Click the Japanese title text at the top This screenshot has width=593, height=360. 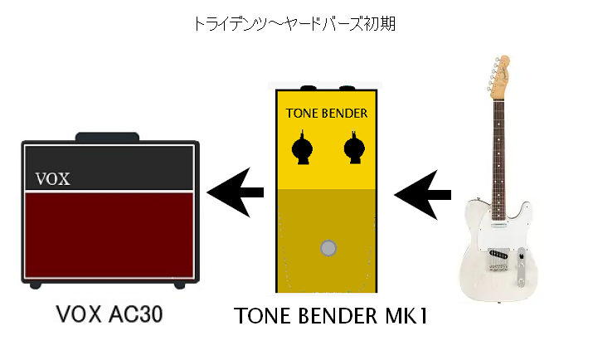point(294,24)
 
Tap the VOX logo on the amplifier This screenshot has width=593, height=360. point(52,179)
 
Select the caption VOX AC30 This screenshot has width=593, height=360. point(109,314)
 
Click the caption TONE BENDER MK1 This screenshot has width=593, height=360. point(331,316)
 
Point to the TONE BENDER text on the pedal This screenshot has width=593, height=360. point(327,113)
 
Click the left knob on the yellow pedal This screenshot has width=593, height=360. point(302,148)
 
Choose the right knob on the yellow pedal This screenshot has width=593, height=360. point(354,148)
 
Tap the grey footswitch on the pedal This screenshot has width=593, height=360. point(328,248)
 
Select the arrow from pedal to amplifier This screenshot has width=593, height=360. point(236,192)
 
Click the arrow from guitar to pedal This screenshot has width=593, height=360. point(422,195)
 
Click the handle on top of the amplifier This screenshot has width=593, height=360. point(108,137)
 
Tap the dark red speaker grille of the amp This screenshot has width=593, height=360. point(109,236)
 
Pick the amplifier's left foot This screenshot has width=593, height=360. point(35,285)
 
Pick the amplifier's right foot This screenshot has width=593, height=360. point(180,285)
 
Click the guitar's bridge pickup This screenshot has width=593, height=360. point(498,254)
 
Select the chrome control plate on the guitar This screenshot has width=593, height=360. point(522,266)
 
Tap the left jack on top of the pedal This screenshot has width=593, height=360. point(309,88)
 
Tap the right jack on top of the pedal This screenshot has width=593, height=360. point(347,88)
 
